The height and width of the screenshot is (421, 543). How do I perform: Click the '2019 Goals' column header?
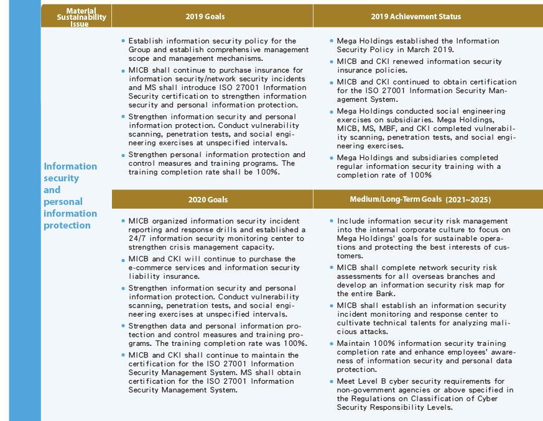tap(205, 16)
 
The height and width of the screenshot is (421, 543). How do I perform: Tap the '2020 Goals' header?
tap(208, 199)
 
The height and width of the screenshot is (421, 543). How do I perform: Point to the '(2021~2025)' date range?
tap(468, 199)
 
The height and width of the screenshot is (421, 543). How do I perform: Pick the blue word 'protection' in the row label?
tap(67, 225)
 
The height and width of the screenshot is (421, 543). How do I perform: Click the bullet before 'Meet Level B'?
tap(332, 381)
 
